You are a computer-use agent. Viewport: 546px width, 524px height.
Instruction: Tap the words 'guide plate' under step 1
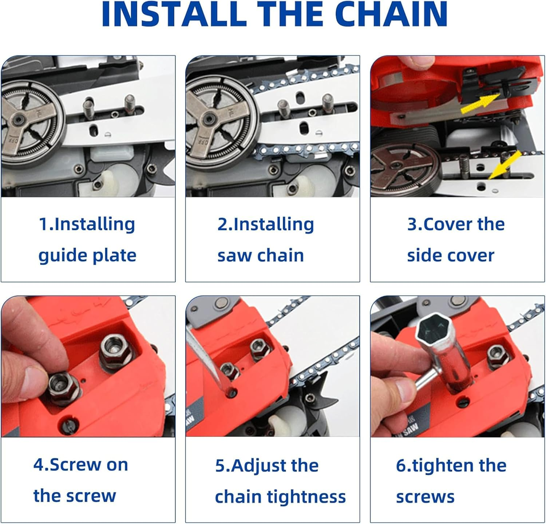(x=87, y=255)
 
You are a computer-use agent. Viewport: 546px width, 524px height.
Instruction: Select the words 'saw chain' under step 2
(x=261, y=255)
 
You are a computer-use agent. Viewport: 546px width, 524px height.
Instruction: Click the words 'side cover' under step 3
(x=451, y=255)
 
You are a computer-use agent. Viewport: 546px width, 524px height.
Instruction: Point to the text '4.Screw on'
(x=81, y=465)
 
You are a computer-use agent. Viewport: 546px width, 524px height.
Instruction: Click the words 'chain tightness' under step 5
(x=280, y=497)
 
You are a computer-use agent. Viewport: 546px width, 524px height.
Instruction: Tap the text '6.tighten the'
(x=451, y=465)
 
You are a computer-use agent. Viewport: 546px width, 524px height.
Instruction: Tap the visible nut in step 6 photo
(x=497, y=354)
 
